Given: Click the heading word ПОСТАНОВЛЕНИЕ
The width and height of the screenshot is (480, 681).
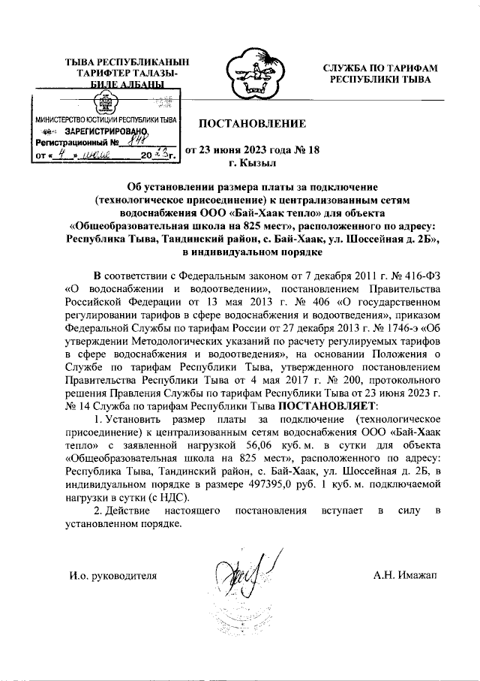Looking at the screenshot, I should coord(252,123).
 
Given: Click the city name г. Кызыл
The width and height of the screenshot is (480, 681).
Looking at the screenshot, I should coord(253,163).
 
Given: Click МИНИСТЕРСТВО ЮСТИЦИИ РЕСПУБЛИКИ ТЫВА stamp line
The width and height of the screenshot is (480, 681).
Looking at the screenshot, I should coord(105,119).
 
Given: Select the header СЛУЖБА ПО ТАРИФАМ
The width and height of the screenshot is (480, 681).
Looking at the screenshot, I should coord(380,68).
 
